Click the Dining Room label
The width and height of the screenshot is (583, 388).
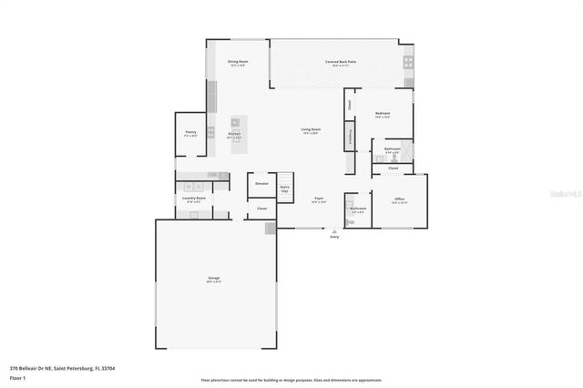point(238,62)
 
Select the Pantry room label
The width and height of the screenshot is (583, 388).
point(190,133)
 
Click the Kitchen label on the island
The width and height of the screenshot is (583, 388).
point(234,134)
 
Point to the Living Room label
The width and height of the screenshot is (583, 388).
point(311,129)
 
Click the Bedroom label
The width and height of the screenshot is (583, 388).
point(383,115)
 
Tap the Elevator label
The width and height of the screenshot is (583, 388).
point(261,184)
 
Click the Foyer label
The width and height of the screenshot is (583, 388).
point(319,198)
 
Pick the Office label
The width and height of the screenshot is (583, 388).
point(399,199)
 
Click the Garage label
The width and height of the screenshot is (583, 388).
point(213,278)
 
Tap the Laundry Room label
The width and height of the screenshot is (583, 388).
point(194,198)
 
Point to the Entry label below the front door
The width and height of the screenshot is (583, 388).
point(334,237)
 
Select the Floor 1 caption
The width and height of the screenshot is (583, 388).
point(17,376)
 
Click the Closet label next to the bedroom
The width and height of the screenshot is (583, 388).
point(349,104)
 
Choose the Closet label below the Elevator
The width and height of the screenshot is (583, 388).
point(261,209)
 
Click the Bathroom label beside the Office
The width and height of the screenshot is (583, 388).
point(357,209)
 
